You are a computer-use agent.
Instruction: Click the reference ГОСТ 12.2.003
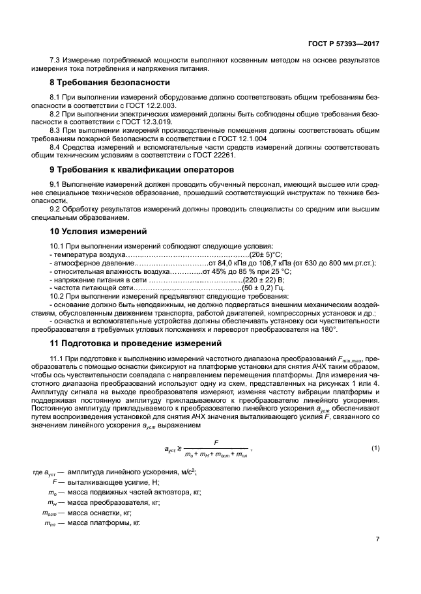[x=156, y=104]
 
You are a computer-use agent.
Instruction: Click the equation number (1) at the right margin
[x=375, y=448]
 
